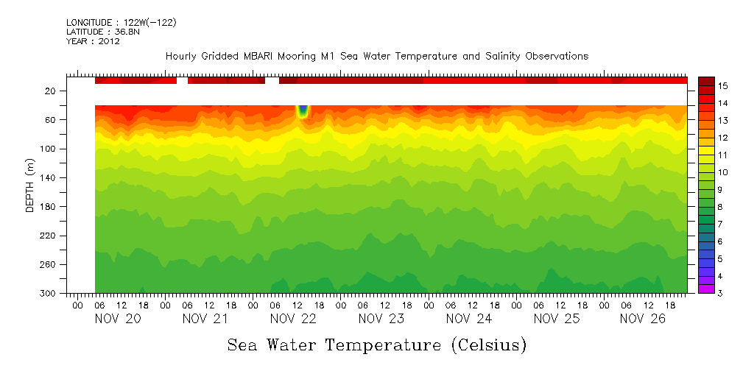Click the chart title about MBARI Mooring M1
tap(376, 56)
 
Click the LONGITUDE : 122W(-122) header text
tap(121, 23)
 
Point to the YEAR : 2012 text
tap(93, 41)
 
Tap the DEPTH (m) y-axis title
tap(30, 187)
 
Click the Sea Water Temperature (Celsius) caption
tap(377, 344)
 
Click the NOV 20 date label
tap(118, 319)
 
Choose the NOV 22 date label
tap(293, 319)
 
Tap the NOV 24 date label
tap(469, 319)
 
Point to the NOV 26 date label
tap(644, 319)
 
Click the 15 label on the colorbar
tap(723, 87)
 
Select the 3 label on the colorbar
tap(721, 294)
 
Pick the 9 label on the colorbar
tap(721, 190)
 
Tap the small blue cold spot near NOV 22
tap(303, 111)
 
